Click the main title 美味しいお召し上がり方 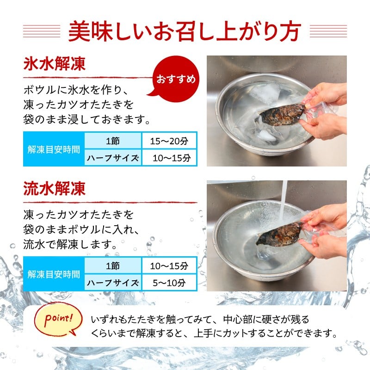[185, 31]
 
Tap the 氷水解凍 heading [54, 64]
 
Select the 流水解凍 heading [54, 189]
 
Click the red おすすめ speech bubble [175, 79]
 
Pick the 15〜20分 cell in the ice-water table [169, 141]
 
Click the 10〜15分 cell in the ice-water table [169, 158]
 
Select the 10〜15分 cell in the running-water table [169, 266]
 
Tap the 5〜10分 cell [169, 283]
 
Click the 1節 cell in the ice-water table [113, 141]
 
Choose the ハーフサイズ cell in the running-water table [113, 283]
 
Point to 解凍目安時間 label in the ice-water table [54, 149]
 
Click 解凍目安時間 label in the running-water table [54, 274]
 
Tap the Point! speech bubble [58, 319]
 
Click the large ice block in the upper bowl [264, 93]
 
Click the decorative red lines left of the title [42, 31]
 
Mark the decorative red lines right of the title [328, 31]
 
